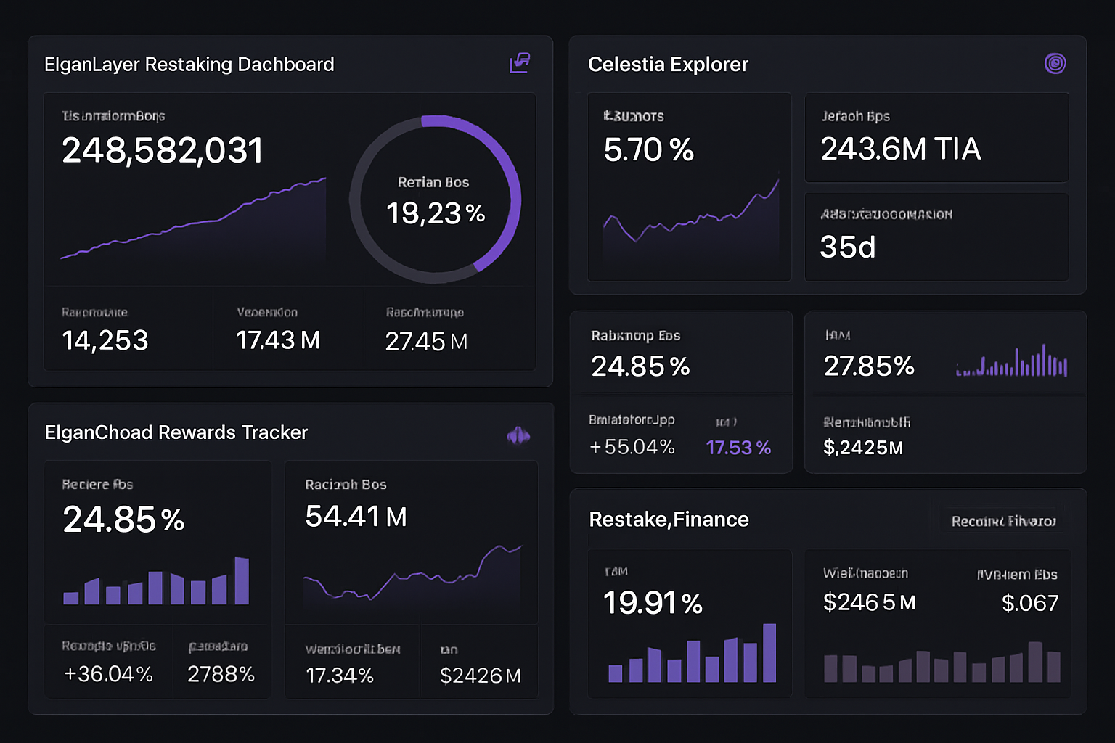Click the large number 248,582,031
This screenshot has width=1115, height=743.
(x=162, y=151)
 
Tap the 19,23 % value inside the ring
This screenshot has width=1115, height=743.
(x=435, y=213)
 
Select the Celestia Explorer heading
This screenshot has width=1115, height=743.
(x=668, y=65)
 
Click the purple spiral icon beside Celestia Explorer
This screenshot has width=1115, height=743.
(x=1055, y=64)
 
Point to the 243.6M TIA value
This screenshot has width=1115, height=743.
(x=900, y=149)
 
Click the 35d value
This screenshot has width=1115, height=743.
(x=847, y=247)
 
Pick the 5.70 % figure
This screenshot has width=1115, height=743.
(x=648, y=150)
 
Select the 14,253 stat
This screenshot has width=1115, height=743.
(x=105, y=340)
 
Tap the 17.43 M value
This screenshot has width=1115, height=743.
(x=278, y=340)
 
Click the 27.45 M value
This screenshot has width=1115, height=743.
(x=426, y=342)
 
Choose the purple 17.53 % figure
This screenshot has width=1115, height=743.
(x=738, y=448)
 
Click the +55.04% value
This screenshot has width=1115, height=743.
(x=632, y=447)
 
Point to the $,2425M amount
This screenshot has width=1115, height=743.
(x=862, y=448)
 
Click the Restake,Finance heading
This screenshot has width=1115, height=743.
(x=669, y=520)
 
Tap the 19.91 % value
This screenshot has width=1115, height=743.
(x=653, y=603)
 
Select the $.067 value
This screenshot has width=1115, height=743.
(x=1029, y=603)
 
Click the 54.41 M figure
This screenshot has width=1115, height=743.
(x=356, y=517)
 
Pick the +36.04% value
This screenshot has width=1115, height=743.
(x=108, y=674)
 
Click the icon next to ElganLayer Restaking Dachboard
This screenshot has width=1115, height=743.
(x=520, y=64)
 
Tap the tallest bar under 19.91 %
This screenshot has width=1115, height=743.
(x=769, y=652)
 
